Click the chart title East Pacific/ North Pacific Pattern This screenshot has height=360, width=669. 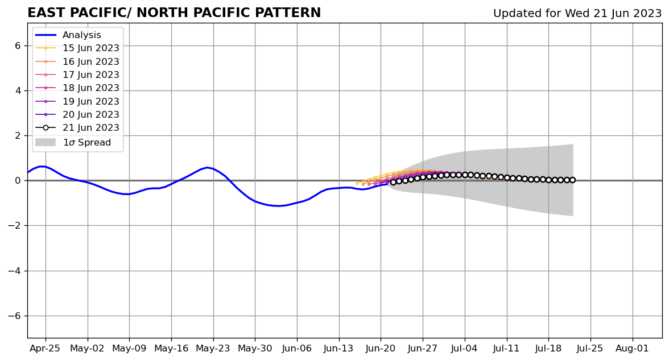coord(174,13)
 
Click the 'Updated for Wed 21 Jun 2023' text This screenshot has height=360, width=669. coord(577,14)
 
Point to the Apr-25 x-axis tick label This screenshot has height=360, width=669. coord(46,348)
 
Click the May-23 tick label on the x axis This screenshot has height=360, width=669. coord(213,348)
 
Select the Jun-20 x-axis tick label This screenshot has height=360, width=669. coord(381,348)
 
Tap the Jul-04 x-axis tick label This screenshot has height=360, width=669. coord(465,348)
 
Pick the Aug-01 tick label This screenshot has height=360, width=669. coord(632,348)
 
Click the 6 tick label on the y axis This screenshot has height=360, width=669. coord(18,45)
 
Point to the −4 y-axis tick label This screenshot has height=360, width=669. coord(15,271)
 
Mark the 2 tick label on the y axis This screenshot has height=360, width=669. coord(18,135)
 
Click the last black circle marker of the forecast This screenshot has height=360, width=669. coord(572,180)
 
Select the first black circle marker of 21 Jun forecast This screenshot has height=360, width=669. coord(393,182)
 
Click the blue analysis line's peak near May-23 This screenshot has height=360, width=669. coord(208,167)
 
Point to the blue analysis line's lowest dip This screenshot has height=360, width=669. coord(278,206)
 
